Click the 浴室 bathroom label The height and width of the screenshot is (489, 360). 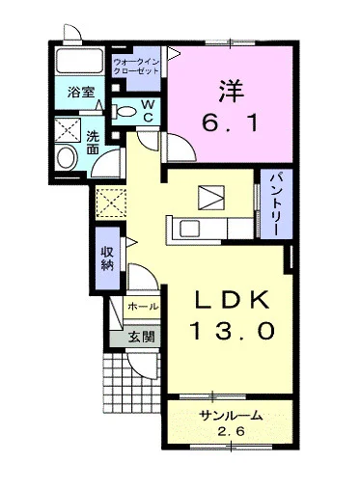pyautogui.click(x=80, y=94)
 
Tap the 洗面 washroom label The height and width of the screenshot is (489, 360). pyautogui.click(x=94, y=143)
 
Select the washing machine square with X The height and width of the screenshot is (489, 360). pyautogui.click(x=68, y=128)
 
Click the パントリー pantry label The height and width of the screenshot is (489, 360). pyautogui.click(x=274, y=200)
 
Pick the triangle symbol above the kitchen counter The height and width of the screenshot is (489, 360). pyautogui.click(x=209, y=197)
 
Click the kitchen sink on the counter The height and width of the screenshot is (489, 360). pyautogui.click(x=187, y=229)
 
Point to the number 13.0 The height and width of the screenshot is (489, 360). pyautogui.click(x=233, y=331)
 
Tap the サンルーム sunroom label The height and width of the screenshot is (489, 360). pyautogui.click(x=231, y=417)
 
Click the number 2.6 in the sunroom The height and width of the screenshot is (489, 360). pyautogui.click(x=231, y=433)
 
